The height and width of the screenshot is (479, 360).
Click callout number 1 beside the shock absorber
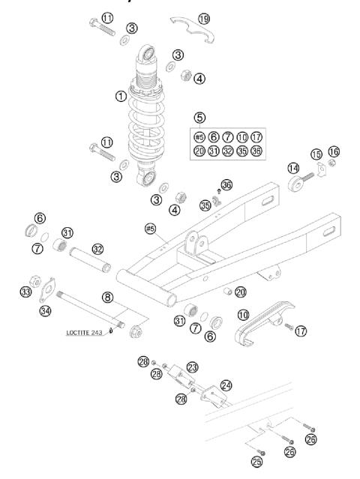click(x=120, y=97)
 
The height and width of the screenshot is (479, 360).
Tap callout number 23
click(x=192, y=367)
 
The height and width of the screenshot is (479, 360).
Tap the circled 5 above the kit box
click(x=199, y=118)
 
